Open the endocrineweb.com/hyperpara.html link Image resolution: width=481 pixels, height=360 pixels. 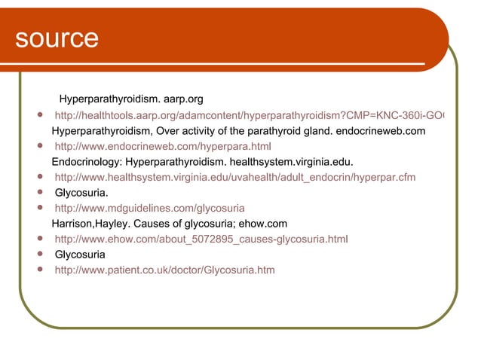tap(163, 146)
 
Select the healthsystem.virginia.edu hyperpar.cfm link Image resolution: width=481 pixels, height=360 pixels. tap(234, 177)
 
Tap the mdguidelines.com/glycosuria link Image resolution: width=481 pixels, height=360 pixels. tap(149, 208)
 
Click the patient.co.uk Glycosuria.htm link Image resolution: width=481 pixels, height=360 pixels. tap(164, 270)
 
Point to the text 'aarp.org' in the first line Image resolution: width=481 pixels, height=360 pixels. tap(182, 99)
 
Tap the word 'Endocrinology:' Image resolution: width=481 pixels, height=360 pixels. tap(87, 162)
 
